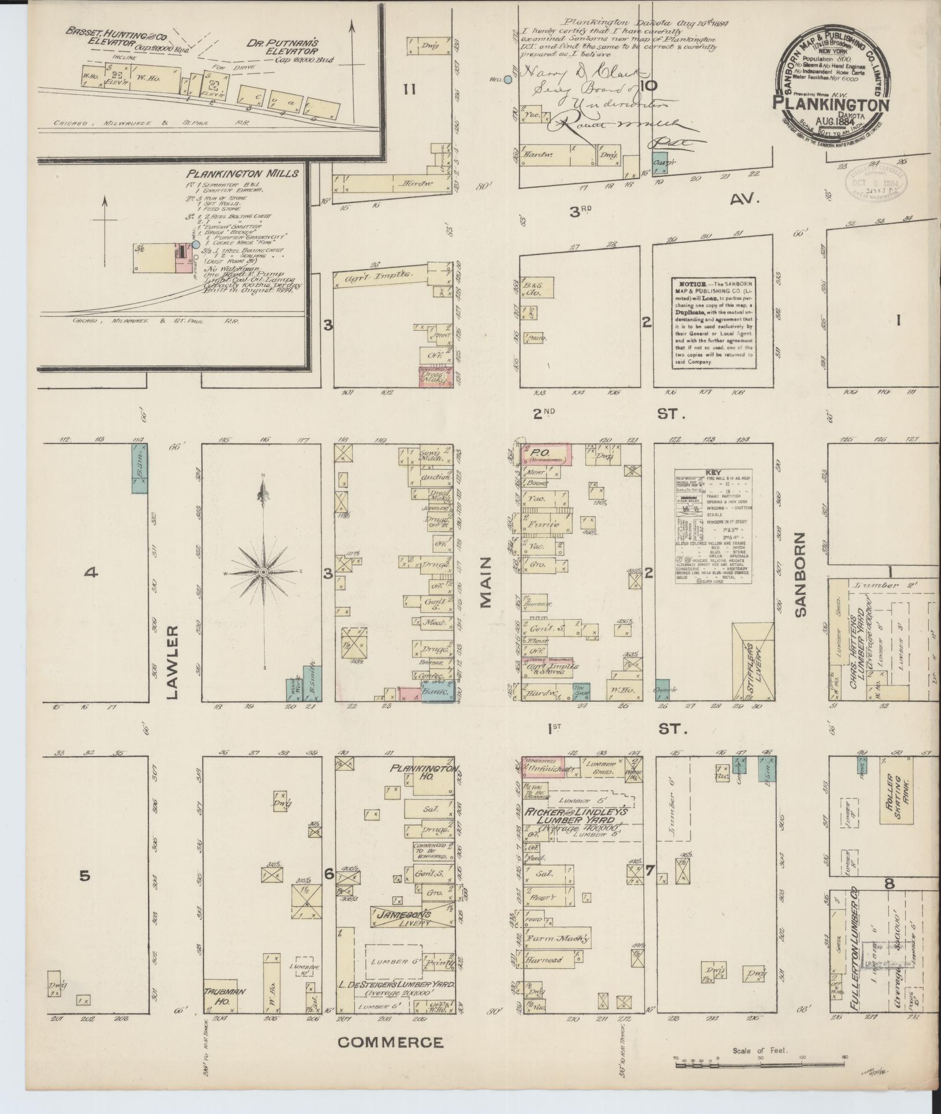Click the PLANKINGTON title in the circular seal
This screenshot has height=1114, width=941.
831,103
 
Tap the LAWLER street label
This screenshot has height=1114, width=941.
172,661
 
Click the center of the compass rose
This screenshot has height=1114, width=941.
263,572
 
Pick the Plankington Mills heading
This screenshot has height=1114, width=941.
242,173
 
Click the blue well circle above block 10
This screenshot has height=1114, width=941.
508,80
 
